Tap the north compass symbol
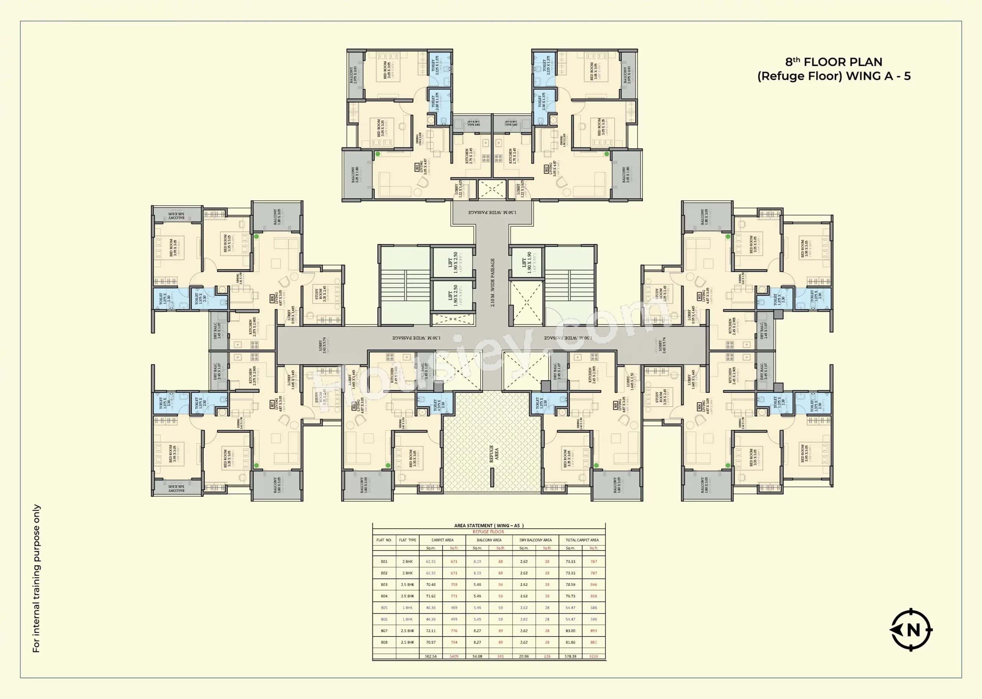[x=911, y=630]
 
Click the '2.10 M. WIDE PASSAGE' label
[x=493, y=282]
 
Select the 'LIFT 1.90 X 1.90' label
[x=526, y=262]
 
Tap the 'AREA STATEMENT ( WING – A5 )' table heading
[x=489, y=526]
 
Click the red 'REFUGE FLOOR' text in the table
[x=488, y=532]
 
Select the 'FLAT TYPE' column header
[x=407, y=540]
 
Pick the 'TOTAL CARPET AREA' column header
[x=582, y=540]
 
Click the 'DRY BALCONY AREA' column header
[x=535, y=540]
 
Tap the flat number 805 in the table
[x=384, y=608]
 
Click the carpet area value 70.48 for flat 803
[x=431, y=585]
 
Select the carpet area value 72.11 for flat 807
[x=431, y=631]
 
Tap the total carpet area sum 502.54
[x=431, y=656]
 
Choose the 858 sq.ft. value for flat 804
[x=593, y=596]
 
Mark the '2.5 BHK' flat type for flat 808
[x=407, y=642]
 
